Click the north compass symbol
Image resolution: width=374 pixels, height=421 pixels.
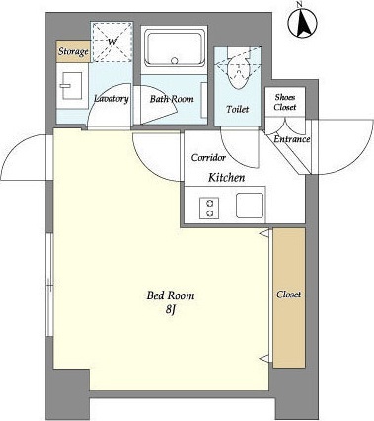(x=302, y=22)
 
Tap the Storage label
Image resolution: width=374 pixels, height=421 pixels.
(x=73, y=52)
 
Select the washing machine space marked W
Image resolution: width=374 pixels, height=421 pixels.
(x=112, y=42)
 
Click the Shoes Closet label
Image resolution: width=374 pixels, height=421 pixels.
(x=285, y=102)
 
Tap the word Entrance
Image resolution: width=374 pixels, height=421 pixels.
(x=292, y=139)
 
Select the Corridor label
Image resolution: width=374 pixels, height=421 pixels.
(x=208, y=158)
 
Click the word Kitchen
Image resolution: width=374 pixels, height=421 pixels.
(x=227, y=178)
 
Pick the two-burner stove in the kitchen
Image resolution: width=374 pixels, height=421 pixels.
(x=209, y=209)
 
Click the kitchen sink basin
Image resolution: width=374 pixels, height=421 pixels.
(x=250, y=206)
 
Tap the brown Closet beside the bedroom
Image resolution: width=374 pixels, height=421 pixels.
(x=289, y=297)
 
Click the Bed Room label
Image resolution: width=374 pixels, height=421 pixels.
(x=171, y=295)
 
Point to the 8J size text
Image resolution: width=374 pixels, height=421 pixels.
(x=170, y=310)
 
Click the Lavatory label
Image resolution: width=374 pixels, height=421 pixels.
(x=112, y=99)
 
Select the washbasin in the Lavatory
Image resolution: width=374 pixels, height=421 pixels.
(x=71, y=86)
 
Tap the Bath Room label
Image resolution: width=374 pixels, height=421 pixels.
(x=172, y=99)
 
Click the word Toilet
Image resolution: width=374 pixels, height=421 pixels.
(x=238, y=109)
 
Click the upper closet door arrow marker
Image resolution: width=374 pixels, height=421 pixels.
(x=264, y=233)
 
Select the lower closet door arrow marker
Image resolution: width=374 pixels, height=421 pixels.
(x=264, y=358)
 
